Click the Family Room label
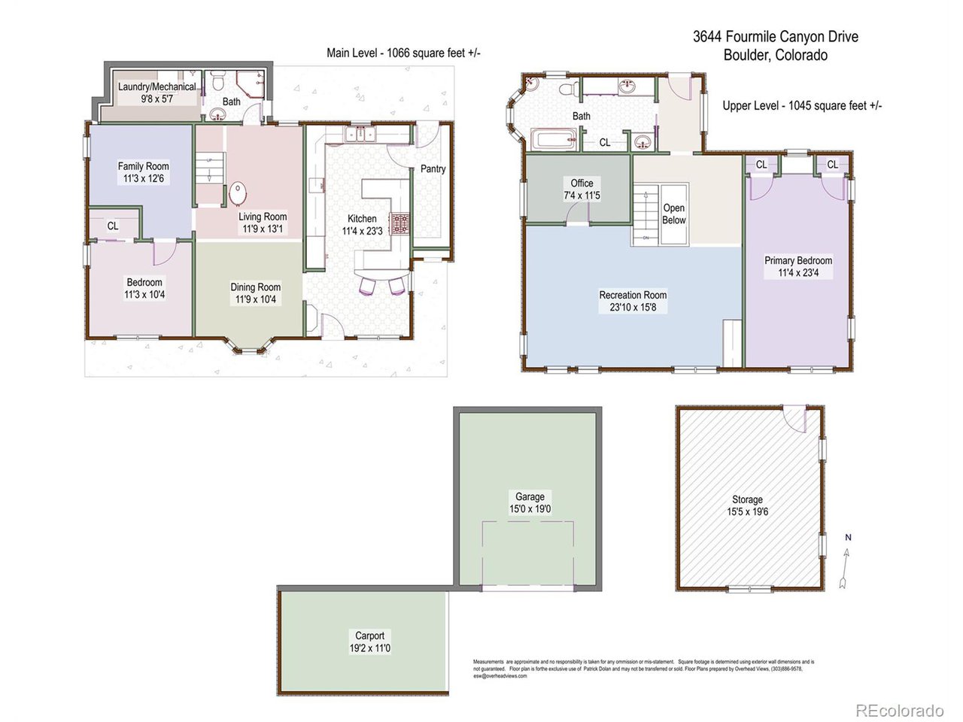(143, 166)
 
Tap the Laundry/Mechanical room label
(156, 87)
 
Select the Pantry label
(433, 169)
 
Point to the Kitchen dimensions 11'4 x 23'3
(362, 231)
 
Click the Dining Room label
(255, 287)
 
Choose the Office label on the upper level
(582, 184)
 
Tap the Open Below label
(674, 214)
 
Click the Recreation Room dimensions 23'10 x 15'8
(633, 307)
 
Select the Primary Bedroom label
(798, 261)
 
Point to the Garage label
(530, 497)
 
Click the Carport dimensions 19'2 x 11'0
(370, 648)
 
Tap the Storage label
(747, 499)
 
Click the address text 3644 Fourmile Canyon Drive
(775, 37)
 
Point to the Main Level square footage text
(403, 53)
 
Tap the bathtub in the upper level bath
(554, 140)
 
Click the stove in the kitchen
(400, 223)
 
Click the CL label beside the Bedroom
(113, 226)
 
